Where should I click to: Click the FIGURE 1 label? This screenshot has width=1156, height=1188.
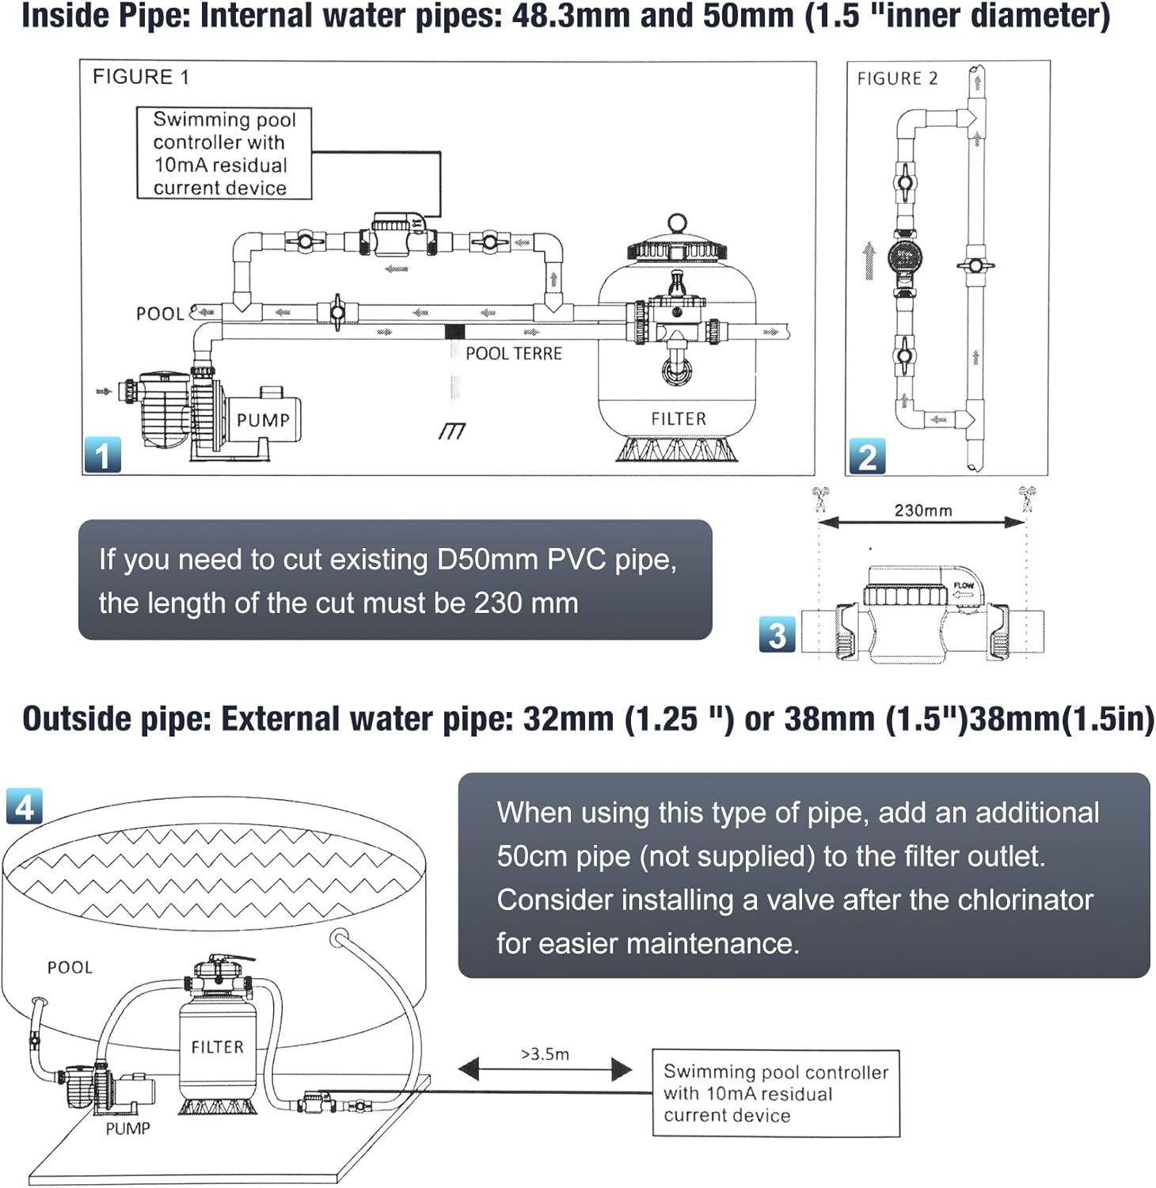click(x=141, y=77)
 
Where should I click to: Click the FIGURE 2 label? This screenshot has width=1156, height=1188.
click(x=897, y=78)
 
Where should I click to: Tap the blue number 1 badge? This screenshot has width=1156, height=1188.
click(x=103, y=455)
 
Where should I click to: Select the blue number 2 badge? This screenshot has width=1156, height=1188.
click(x=867, y=457)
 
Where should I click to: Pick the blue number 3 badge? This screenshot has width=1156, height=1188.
click(x=777, y=635)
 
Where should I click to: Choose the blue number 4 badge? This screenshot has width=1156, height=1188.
click(x=25, y=807)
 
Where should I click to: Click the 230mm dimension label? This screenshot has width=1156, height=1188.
click(x=922, y=511)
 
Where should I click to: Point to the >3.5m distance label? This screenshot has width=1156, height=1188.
click(x=545, y=1054)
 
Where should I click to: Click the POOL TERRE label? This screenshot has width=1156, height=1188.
click(x=513, y=353)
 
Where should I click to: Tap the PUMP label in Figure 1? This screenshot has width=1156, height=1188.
click(x=263, y=420)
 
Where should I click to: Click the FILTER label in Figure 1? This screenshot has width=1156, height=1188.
click(x=678, y=419)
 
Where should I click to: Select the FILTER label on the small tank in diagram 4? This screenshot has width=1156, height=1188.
click(x=217, y=1047)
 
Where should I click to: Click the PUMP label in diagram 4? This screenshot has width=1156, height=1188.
click(x=127, y=1129)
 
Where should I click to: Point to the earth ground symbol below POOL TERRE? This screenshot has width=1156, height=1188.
click(x=452, y=431)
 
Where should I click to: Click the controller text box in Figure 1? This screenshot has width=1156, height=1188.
click(x=224, y=154)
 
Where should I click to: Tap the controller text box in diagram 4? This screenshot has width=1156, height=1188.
click(x=775, y=1093)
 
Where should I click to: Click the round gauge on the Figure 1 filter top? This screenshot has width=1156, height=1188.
click(x=676, y=223)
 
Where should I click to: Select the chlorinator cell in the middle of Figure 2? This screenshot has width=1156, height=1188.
click(x=904, y=256)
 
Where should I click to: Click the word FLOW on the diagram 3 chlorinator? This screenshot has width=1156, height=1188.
click(x=963, y=586)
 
